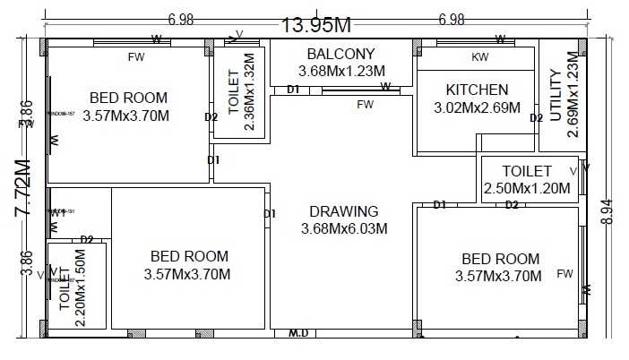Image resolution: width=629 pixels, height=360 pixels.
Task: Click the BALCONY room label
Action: click(x=340, y=54)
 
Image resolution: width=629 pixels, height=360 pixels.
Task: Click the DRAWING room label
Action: click(x=344, y=212)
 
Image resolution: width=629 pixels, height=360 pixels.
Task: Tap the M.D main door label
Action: click(x=298, y=334)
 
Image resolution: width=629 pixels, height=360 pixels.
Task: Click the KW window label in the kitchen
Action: click(x=480, y=57)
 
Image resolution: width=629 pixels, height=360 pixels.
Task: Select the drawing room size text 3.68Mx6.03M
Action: click(x=344, y=229)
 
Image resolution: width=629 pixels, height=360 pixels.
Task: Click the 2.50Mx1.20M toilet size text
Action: click(x=527, y=189)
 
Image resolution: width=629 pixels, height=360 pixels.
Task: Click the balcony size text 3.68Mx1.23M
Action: click(x=341, y=71)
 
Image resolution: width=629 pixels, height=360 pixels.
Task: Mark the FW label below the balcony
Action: click(x=365, y=105)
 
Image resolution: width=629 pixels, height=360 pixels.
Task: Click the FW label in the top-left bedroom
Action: click(x=136, y=57)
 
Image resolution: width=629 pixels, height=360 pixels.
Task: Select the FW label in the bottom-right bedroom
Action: click(x=565, y=273)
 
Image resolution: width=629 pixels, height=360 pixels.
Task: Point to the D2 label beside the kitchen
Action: click(x=536, y=117)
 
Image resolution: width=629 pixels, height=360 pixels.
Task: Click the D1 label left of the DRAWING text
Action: click(x=270, y=213)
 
